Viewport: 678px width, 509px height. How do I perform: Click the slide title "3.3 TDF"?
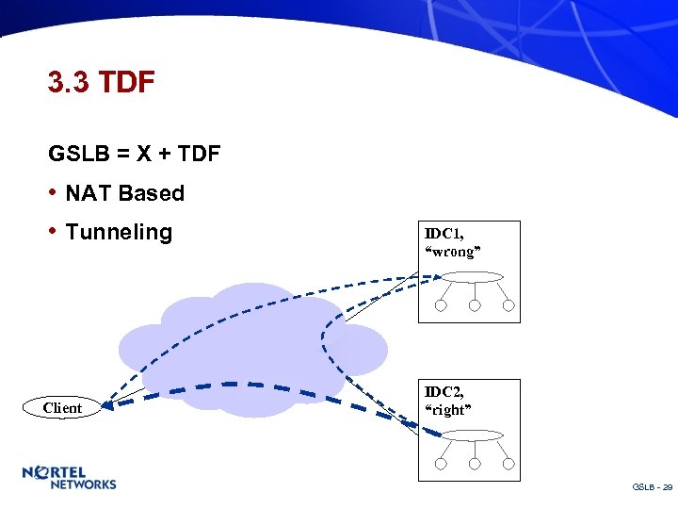(x=101, y=83)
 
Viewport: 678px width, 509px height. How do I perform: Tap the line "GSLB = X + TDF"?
(x=135, y=153)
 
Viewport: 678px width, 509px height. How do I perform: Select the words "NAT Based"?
(x=124, y=193)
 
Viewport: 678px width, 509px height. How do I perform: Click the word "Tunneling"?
(x=119, y=232)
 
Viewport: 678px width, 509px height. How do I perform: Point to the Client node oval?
(x=62, y=408)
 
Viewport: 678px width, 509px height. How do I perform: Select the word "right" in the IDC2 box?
(x=449, y=409)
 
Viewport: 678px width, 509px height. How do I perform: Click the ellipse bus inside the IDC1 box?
(x=475, y=277)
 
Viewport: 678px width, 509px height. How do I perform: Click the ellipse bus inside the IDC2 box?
(x=475, y=435)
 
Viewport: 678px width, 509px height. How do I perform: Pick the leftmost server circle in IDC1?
(x=441, y=305)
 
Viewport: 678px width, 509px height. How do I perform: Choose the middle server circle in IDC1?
(x=475, y=305)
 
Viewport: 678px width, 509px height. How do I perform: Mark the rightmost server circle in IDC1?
(x=508, y=305)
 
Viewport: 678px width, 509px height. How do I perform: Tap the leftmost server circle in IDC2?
(x=441, y=464)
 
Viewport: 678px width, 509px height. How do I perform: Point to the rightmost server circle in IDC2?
(x=508, y=464)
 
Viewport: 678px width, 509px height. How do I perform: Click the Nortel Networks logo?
(x=70, y=478)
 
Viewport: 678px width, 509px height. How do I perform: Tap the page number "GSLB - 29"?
(x=653, y=486)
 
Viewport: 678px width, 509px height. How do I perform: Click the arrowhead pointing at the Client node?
(x=107, y=406)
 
